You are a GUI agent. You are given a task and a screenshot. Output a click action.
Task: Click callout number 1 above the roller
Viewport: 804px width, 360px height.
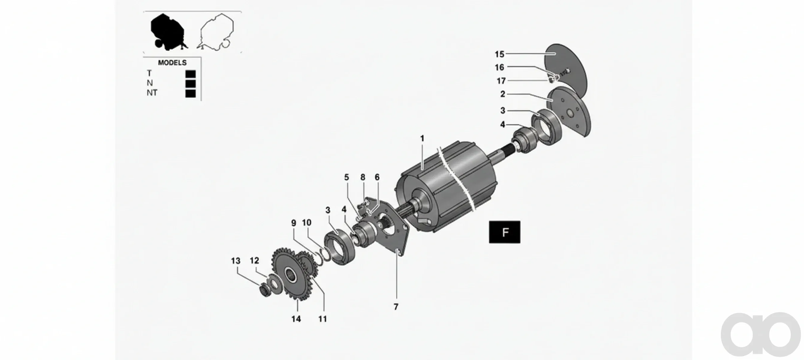click(422, 138)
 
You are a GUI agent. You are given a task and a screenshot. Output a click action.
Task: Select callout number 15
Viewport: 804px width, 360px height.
click(499, 54)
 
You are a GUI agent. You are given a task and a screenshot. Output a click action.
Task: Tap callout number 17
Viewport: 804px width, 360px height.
click(501, 81)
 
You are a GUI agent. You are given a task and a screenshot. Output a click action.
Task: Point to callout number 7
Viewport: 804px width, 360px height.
click(396, 307)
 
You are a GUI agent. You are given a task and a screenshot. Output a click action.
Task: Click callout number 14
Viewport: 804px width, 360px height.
click(296, 319)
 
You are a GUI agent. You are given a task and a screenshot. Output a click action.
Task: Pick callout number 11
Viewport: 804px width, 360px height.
click(323, 319)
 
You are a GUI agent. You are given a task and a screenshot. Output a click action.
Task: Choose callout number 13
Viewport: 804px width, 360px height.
click(236, 261)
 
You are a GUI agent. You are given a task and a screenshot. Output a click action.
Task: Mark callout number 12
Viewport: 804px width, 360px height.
click(255, 260)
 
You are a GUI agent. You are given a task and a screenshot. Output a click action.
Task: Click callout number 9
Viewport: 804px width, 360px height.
click(293, 223)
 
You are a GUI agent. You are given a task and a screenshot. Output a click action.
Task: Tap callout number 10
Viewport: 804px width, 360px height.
click(306, 223)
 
